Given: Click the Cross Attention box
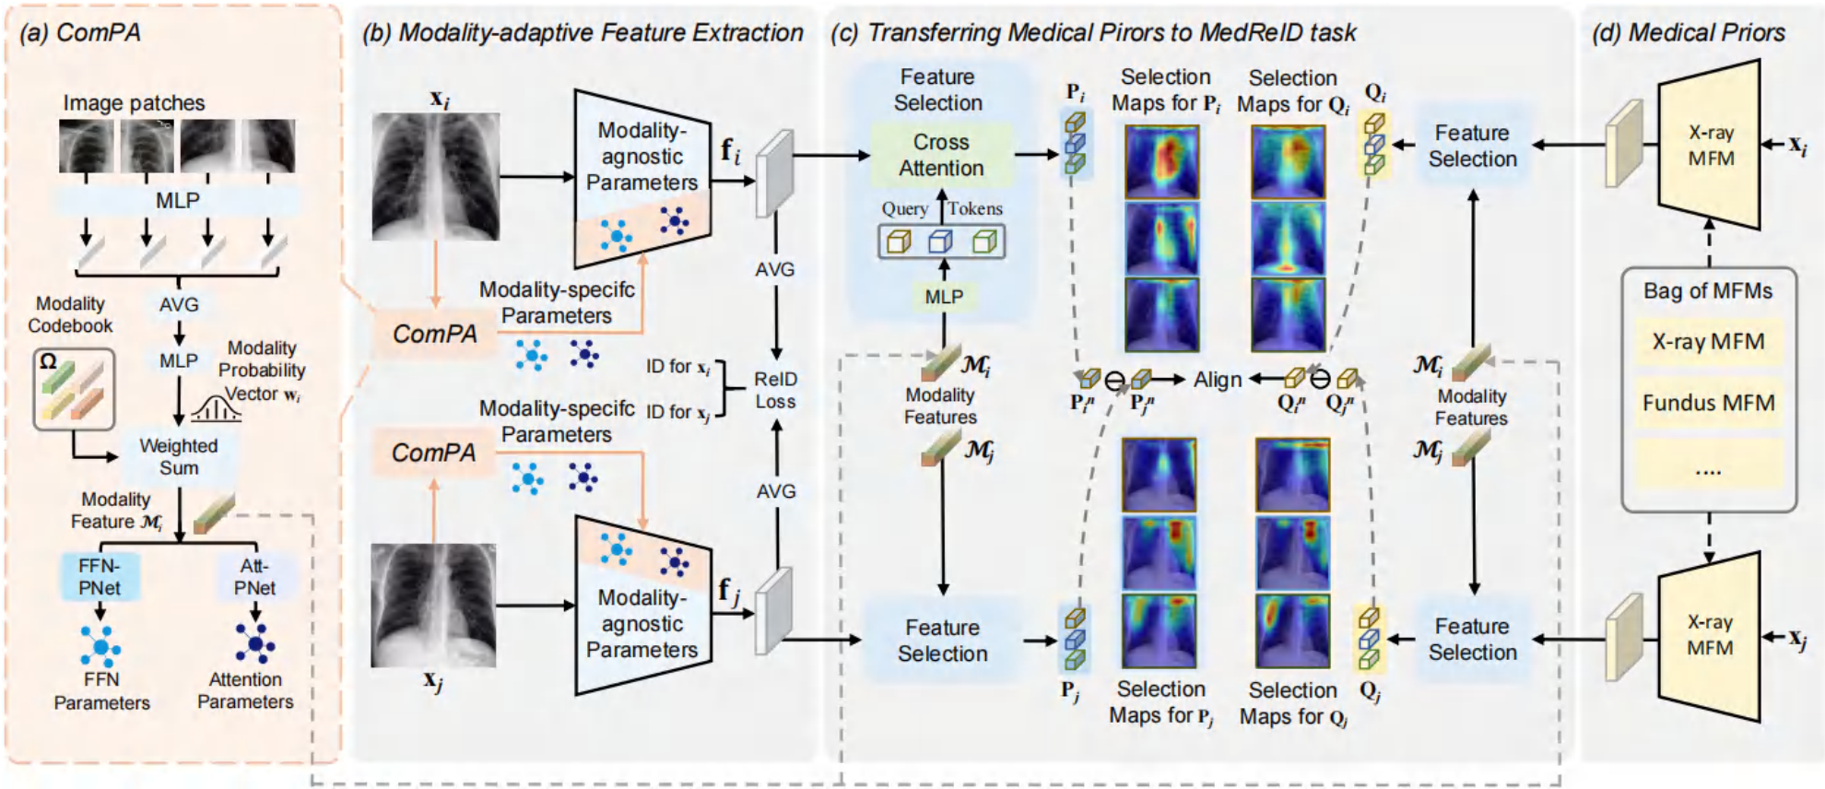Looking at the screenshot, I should pyautogui.click(x=941, y=155).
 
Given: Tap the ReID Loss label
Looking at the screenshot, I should pyautogui.click(x=775, y=390).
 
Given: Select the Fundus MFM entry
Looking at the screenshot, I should pyautogui.click(x=1708, y=403).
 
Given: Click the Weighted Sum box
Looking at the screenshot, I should pyautogui.click(x=178, y=456).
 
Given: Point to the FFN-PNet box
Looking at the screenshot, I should pyautogui.click(x=100, y=576).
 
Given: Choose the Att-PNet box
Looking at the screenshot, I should pyautogui.click(x=254, y=576).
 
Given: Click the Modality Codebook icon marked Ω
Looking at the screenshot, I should pyautogui.click(x=74, y=389).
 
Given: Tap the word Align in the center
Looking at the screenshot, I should pyautogui.click(x=1218, y=379).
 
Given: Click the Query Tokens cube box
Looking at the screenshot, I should pyautogui.click(x=941, y=241).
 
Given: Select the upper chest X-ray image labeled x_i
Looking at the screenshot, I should pyautogui.click(x=436, y=176).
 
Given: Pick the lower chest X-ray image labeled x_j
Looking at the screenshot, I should pyautogui.click(x=433, y=605).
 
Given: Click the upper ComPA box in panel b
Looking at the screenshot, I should pyautogui.click(x=435, y=334).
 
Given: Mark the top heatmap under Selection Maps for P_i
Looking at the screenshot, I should pyautogui.click(x=1161, y=162).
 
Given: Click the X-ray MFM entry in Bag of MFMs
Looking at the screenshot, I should pyautogui.click(x=1708, y=341).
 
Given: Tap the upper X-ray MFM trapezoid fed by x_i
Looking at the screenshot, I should pyautogui.click(x=1710, y=145).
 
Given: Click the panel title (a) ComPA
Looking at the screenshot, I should pyautogui.click(x=80, y=32).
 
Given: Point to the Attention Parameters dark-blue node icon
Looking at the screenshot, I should pyautogui.click(x=255, y=642).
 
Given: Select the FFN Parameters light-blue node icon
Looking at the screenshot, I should pyautogui.click(x=100, y=645).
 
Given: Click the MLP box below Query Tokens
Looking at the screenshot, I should pyautogui.click(x=944, y=297).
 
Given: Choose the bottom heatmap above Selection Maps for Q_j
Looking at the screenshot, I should pyautogui.click(x=1292, y=630).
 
